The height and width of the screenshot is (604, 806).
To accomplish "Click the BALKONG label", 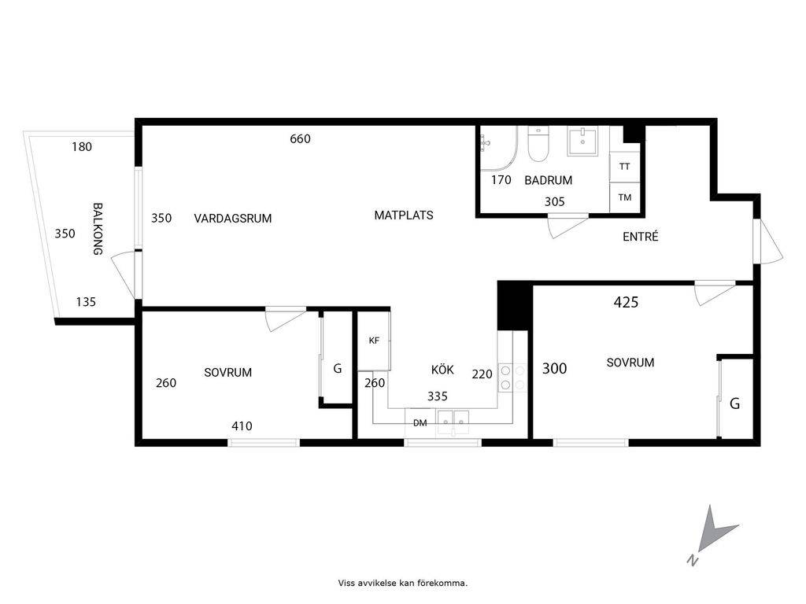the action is [98, 229].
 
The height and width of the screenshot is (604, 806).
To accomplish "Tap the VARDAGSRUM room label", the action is [233, 219].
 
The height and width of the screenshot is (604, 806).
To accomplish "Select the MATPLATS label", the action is [404, 215].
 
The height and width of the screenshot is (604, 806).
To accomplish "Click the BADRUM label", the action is [548, 180].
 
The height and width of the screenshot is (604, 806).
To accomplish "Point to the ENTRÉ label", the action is [641, 236].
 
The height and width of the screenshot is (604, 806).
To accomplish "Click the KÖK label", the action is [442, 370].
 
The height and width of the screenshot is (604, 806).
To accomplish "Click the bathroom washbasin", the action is [582, 142].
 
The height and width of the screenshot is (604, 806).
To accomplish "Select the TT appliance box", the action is [624, 167].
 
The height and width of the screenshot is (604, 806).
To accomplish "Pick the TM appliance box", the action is [624, 197].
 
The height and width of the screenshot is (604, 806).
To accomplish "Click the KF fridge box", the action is [374, 341].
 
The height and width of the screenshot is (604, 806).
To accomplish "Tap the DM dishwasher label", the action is [420, 423].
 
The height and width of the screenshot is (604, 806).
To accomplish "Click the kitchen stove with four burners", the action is [512, 377].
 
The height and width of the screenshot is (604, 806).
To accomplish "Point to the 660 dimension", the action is [300, 138].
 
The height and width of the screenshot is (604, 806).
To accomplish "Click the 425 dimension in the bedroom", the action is [626, 302].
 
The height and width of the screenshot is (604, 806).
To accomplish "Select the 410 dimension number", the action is [242, 425].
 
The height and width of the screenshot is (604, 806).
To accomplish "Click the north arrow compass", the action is [712, 534].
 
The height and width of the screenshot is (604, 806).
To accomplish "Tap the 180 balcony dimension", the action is [82, 147].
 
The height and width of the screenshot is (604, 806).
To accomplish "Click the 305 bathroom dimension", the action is [555, 202].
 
